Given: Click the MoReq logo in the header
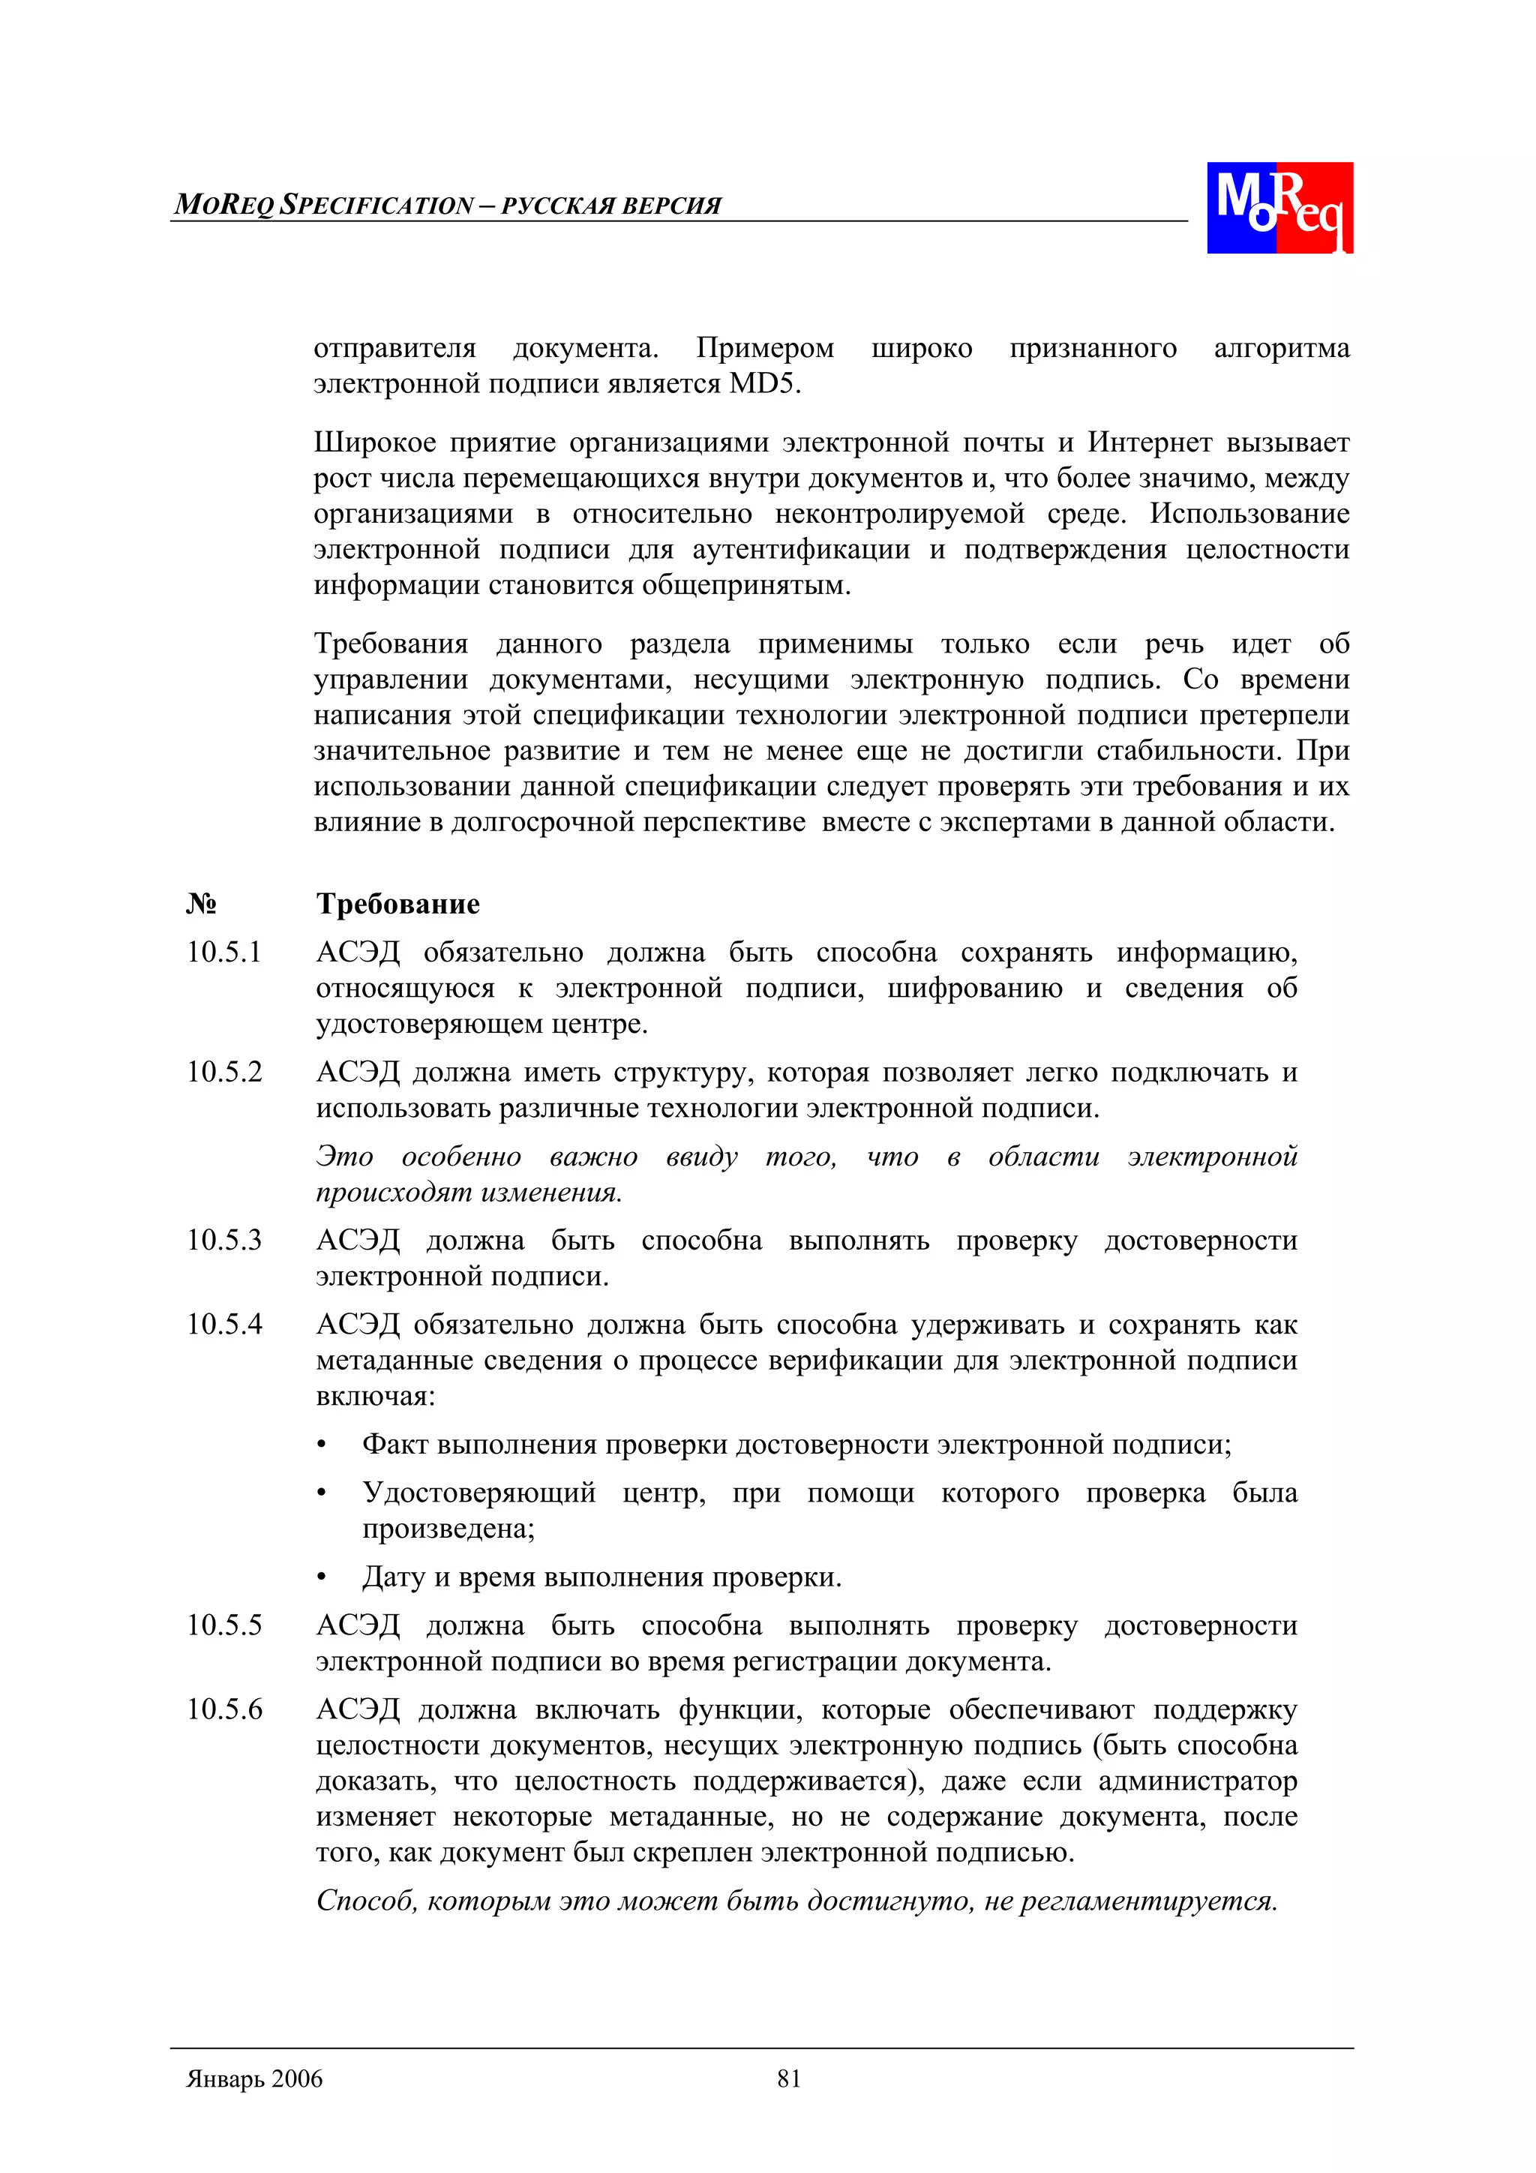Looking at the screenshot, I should click(x=1279, y=207).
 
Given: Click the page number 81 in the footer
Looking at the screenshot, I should click(x=788, y=2078).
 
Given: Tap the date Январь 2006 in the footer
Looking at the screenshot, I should click(x=254, y=2078).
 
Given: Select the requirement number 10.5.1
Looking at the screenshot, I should click(x=224, y=952).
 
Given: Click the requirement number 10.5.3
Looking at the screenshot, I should click(x=224, y=1240).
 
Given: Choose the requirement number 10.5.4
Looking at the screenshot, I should click(x=224, y=1324).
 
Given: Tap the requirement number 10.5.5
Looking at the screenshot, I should click(x=224, y=1625).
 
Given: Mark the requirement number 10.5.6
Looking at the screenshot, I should click(x=224, y=1709).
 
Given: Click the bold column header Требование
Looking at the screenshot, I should click(x=397, y=904).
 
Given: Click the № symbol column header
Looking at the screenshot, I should click(x=201, y=904).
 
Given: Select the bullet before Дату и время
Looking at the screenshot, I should click(x=322, y=1577).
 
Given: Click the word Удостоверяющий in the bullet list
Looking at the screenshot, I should click(x=479, y=1493).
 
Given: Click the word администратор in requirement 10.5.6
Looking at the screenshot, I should click(x=1197, y=1781).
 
